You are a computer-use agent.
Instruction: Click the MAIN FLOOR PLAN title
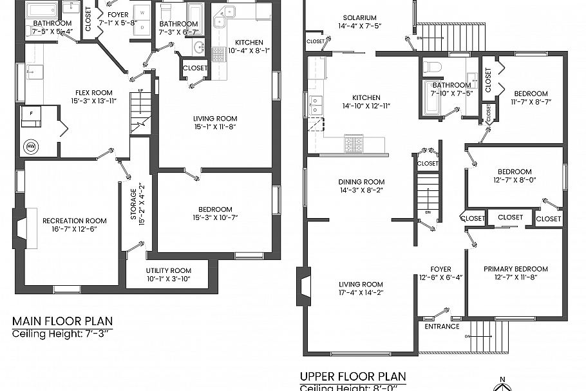(x=62, y=321)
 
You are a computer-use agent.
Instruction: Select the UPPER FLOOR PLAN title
(x=353, y=376)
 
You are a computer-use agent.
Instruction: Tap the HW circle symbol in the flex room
(x=30, y=146)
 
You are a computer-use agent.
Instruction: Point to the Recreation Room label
(x=74, y=221)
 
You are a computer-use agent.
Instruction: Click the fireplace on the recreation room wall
(x=20, y=228)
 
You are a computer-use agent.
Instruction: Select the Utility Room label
(x=168, y=270)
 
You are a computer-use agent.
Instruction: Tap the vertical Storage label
(x=133, y=204)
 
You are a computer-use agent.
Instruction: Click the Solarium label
(x=360, y=17)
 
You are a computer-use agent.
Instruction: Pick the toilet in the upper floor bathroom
(x=434, y=66)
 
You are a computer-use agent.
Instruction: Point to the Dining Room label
(x=361, y=182)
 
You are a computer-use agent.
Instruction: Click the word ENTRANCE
(x=442, y=326)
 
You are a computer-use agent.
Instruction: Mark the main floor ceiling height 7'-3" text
(x=62, y=334)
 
